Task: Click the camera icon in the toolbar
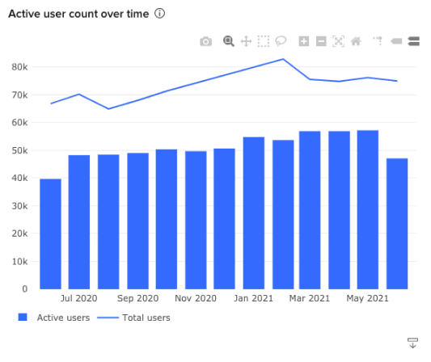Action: [x=206, y=41]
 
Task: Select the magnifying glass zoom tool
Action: [x=229, y=41]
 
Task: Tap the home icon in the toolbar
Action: [x=355, y=41]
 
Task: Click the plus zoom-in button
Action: [x=304, y=41]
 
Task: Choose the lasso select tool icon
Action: [x=281, y=41]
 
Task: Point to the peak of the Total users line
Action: [x=283, y=59]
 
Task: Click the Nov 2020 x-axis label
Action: [x=195, y=299]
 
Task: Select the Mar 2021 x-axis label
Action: [x=310, y=299]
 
